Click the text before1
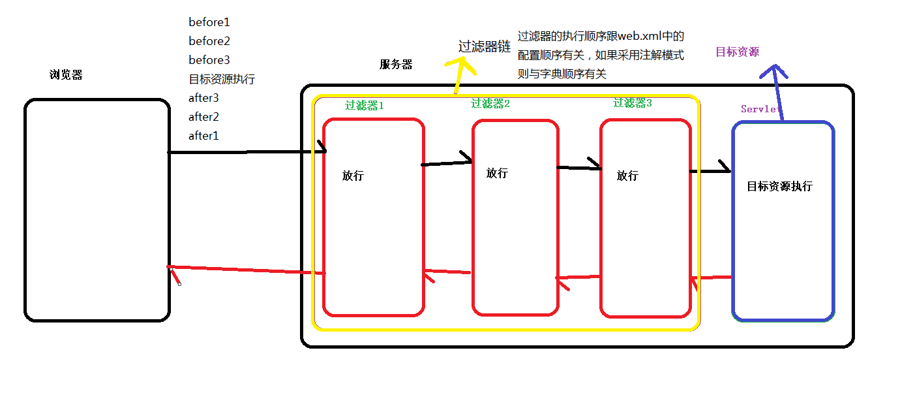(209, 22)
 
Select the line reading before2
(209, 41)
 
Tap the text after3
(203, 98)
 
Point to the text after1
(203, 136)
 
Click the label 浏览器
(66, 74)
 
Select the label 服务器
(396, 65)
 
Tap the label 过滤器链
(485, 47)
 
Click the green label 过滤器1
(365, 105)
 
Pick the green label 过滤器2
(490, 103)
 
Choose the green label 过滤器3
(632, 102)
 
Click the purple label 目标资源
(737, 52)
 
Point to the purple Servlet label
(760, 109)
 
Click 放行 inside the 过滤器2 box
(497, 173)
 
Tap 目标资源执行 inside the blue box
(779, 186)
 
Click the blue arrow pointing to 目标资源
(777, 91)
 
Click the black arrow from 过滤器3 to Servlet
(711, 170)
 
